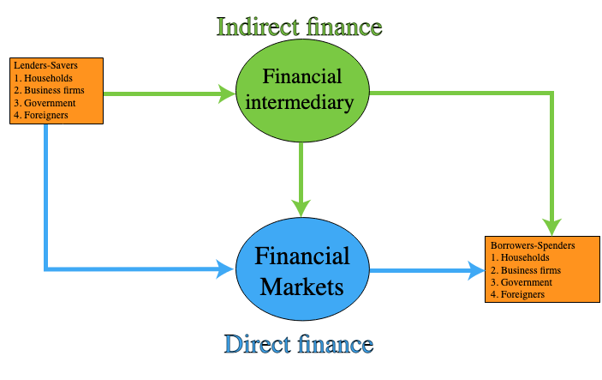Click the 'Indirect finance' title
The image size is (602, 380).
point(300,27)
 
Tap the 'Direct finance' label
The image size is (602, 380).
point(299,344)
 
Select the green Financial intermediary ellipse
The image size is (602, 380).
point(302,91)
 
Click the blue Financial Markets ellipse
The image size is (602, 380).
point(302,269)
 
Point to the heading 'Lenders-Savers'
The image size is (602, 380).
point(45,65)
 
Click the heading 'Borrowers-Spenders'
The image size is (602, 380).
point(533,245)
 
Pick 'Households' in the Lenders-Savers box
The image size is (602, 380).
point(48,78)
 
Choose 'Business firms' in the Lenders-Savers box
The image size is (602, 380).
point(54,90)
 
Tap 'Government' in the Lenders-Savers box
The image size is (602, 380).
point(50,103)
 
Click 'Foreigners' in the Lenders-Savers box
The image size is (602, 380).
point(46,115)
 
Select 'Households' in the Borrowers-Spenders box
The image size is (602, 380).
point(525,257)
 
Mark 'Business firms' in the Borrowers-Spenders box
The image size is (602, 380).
point(531,270)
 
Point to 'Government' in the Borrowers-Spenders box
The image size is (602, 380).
point(527,282)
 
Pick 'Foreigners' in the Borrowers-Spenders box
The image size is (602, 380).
point(522,294)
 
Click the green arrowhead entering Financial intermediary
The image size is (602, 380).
point(227,93)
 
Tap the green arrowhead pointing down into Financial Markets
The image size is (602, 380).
point(301,208)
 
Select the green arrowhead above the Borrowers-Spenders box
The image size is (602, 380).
point(552,227)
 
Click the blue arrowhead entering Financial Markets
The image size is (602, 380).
point(226,268)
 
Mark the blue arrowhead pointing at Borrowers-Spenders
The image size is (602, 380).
point(476,270)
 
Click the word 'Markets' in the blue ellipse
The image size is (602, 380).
point(301,287)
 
